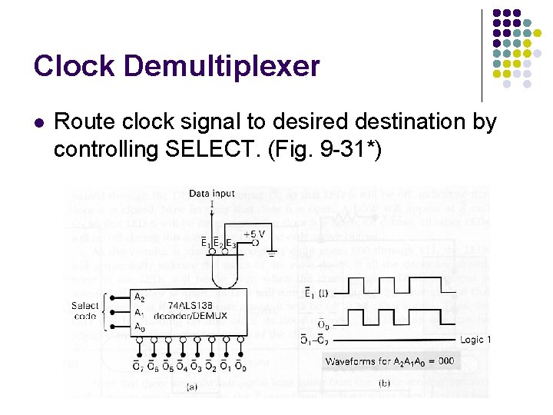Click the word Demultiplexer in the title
click(x=221, y=66)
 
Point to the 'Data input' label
click(x=212, y=194)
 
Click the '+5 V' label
click(x=255, y=233)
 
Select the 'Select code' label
click(x=86, y=310)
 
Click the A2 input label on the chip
click(x=139, y=297)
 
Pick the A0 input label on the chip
click(x=139, y=327)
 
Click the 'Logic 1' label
click(x=475, y=340)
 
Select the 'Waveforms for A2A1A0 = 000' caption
click(x=389, y=361)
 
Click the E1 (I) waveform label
click(x=316, y=292)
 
